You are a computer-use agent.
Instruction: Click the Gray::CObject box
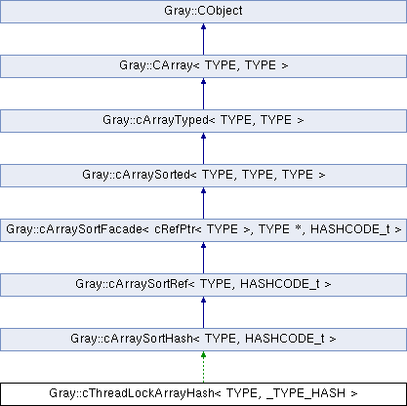(x=203, y=12)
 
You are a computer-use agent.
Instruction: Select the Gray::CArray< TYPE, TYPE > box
(x=203, y=66)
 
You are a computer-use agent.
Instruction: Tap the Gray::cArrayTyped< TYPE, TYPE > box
(x=203, y=121)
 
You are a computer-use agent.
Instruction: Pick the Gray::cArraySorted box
(x=203, y=176)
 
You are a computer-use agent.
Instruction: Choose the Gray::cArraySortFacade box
(x=203, y=230)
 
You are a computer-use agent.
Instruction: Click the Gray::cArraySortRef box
(x=203, y=285)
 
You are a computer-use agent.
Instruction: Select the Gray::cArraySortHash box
(x=203, y=340)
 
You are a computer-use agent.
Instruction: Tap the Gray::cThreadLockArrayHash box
(x=203, y=394)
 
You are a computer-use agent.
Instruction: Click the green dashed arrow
(x=203, y=367)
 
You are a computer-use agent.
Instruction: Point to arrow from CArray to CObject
(x=203, y=39)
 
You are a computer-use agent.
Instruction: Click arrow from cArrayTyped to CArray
(x=203, y=94)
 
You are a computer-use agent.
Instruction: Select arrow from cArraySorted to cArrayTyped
(x=203, y=148)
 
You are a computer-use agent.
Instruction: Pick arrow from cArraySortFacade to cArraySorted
(x=203, y=203)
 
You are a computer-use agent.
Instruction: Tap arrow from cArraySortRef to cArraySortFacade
(x=203, y=258)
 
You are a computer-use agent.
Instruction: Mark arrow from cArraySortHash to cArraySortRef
(x=203, y=312)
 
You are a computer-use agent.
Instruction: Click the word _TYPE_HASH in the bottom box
(x=305, y=393)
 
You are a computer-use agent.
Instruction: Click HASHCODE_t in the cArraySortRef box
(x=280, y=285)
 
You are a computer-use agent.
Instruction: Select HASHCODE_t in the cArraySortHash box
(x=285, y=340)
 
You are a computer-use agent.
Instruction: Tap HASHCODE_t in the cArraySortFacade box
(x=350, y=229)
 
